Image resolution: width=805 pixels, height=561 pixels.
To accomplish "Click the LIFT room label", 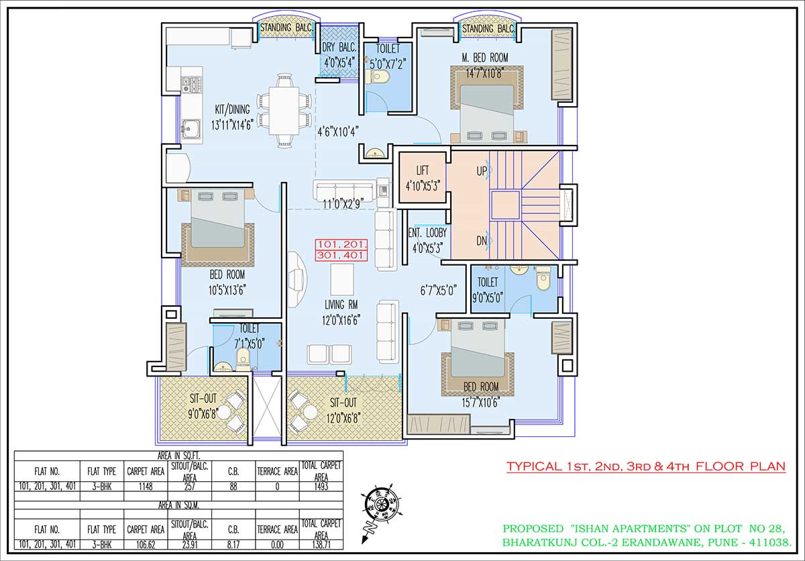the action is click(x=422, y=170).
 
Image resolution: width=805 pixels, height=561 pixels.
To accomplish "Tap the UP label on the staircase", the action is click(x=482, y=171).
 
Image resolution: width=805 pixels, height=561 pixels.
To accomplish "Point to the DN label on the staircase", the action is click(x=482, y=241).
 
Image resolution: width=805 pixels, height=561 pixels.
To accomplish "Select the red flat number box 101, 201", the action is click(x=341, y=245).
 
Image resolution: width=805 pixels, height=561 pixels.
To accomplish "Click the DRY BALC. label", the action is click(x=339, y=48).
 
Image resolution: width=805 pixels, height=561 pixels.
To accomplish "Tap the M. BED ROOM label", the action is click(x=485, y=58).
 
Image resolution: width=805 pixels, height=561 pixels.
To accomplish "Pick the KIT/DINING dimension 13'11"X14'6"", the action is click(x=233, y=125).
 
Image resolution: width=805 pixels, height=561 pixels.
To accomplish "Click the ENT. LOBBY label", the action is click(x=427, y=233).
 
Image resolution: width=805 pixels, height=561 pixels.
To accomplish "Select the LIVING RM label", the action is click(x=341, y=305).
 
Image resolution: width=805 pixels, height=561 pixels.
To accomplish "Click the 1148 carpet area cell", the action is click(x=146, y=487).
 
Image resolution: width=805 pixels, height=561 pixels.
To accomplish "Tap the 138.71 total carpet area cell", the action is click(x=321, y=544).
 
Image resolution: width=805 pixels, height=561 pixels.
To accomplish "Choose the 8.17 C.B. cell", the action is click(x=233, y=544).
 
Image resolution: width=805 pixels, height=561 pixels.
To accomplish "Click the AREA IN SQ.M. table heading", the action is click(x=178, y=505).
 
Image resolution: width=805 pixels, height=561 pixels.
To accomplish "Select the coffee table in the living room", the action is click(x=341, y=280).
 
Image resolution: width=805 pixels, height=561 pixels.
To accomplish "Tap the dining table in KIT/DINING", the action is click(x=284, y=110).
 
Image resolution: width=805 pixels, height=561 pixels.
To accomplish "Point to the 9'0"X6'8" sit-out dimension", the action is click(x=203, y=414).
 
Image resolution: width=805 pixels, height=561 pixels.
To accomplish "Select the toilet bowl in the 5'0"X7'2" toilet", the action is click(x=376, y=76).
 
